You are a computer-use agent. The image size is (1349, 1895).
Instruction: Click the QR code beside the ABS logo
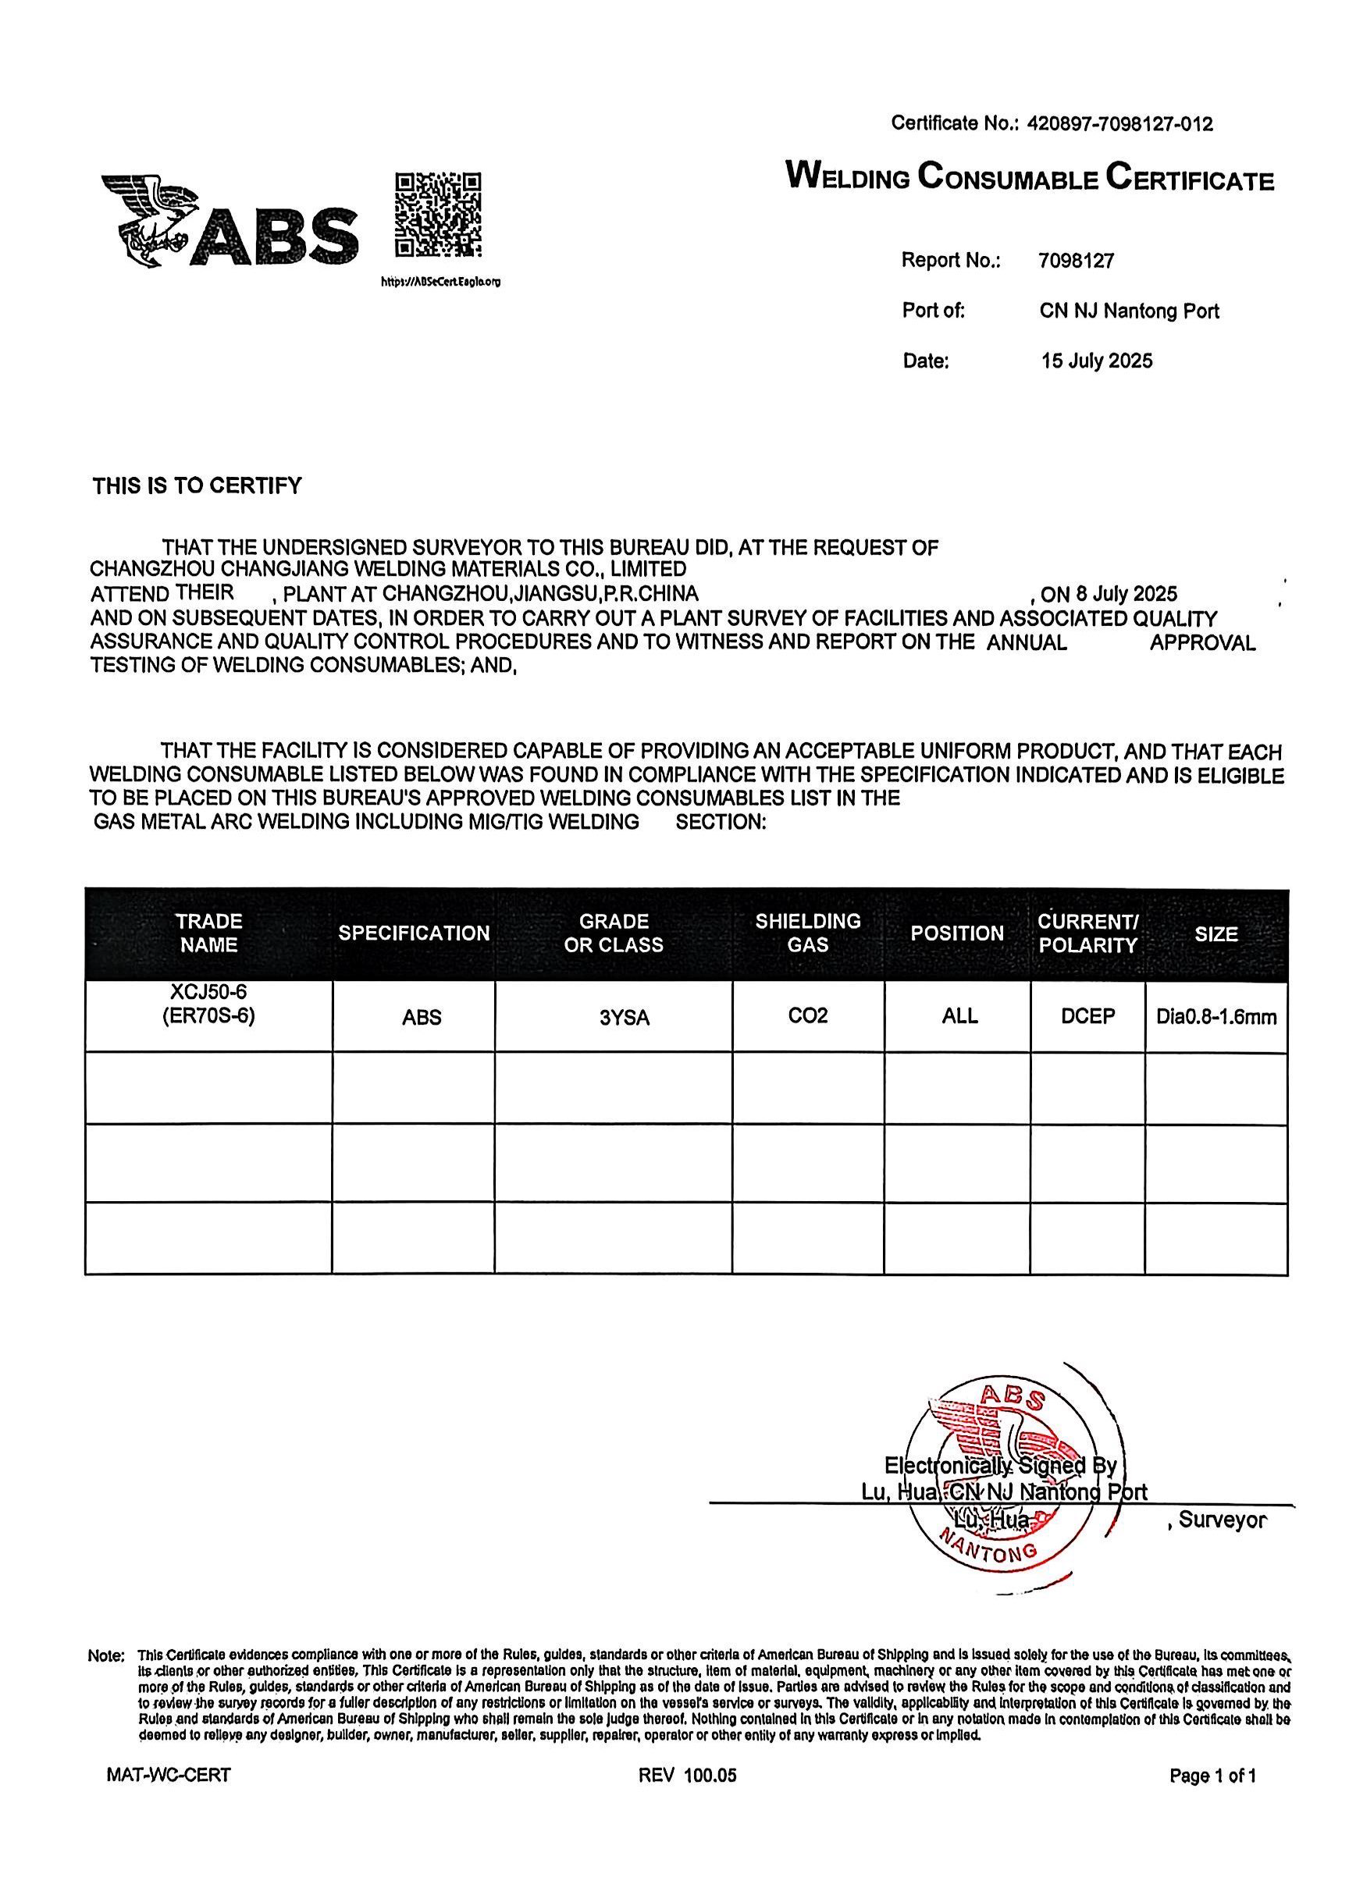tap(438, 215)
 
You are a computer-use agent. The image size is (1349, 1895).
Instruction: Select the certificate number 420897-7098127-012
tap(1119, 125)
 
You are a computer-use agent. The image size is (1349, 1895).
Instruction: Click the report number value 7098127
tap(1076, 261)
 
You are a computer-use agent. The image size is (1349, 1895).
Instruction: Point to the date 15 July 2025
tap(1097, 361)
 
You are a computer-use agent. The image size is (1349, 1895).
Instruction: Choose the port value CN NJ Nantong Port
tap(1129, 311)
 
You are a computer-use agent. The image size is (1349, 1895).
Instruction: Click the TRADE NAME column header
tap(208, 933)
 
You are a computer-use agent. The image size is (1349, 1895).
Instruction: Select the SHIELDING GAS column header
tap(807, 933)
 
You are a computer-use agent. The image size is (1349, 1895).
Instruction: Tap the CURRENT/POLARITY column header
tap(1087, 933)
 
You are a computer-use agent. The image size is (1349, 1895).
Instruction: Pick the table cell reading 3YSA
tap(625, 1018)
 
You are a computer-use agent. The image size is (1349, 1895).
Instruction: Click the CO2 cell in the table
tap(807, 1016)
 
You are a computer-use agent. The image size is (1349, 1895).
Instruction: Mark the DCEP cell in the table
tap(1087, 1016)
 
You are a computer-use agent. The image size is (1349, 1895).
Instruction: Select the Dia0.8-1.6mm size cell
tap(1216, 1017)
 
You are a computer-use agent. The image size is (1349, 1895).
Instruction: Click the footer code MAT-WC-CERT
tap(169, 1776)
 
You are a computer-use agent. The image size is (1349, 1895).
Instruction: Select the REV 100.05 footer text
tap(687, 1776)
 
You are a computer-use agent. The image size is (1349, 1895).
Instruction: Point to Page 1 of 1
tap(1212, 1776)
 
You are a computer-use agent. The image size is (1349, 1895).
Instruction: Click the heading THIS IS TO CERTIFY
tap(197, 486)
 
